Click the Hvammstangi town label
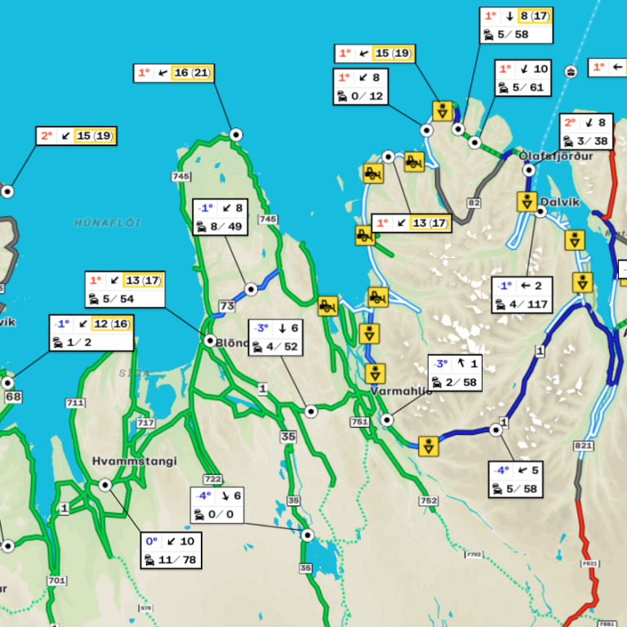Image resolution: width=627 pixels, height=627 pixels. [135, 461]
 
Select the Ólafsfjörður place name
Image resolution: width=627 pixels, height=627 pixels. [554, 157]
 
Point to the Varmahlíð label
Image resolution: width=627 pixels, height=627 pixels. [400, 391]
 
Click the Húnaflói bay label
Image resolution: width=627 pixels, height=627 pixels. [108, 222]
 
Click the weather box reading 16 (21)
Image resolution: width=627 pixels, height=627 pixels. [174, 73]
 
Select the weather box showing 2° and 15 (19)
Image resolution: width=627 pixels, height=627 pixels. [76, 136]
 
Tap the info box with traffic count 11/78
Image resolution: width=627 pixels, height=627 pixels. [171, 551]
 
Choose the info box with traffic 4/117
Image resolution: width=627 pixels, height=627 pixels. [522, 295]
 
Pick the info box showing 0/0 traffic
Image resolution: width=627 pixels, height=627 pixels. [217, 505]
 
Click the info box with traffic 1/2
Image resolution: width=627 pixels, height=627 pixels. [91, 333]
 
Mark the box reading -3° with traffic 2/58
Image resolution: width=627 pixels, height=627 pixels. [455, 373]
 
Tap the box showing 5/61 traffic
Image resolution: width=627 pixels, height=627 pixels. [523, 78]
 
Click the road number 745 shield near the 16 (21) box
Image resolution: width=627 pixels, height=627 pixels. [181, 176]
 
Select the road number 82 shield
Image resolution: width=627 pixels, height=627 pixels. [474, 202]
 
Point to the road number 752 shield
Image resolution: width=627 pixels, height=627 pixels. [428, 500]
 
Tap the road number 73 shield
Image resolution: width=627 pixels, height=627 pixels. [226, 305]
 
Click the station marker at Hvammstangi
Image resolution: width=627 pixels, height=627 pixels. [104, 485]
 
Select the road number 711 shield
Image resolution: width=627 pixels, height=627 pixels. [75, 403]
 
